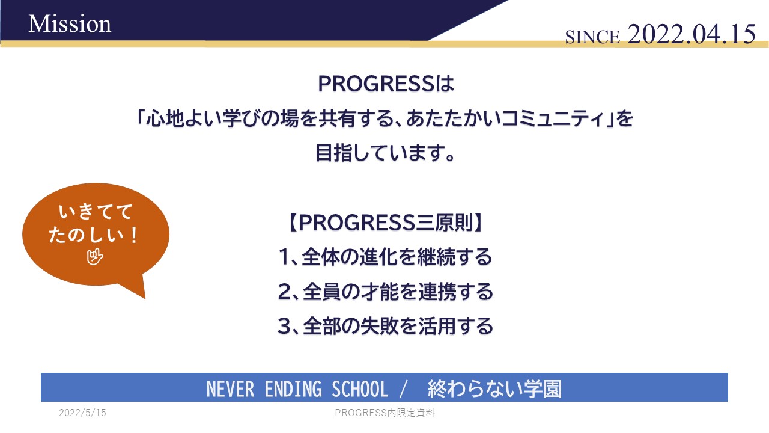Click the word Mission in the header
pyautogui.click(x=70, y=24)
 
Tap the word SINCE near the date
pyautogui.click(x=592, y=37)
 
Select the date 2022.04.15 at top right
pyautogui.click(x=691, y=34)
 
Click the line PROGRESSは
pyautogui.click(x=386, y=84)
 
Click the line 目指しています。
pyautogui.click(x=385, y=153)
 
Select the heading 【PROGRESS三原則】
pyautogui.click(x=385, y=223)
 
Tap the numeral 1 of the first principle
pyautogui.click(x=284, y=257)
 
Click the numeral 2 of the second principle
pyautogui.click(x=285, y=292)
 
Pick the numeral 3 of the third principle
pyautogui.click(x=284, y=326)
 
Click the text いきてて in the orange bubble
pyautogui.click(x=96, y=211)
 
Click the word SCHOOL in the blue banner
pyautogui.click(x=360, y=388)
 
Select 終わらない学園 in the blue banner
pyautogui.click(x=494, y=388)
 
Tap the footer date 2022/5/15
pyautogui.click(x=82, y=413)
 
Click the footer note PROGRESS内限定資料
pyautogui.click(x=384, y=413)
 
